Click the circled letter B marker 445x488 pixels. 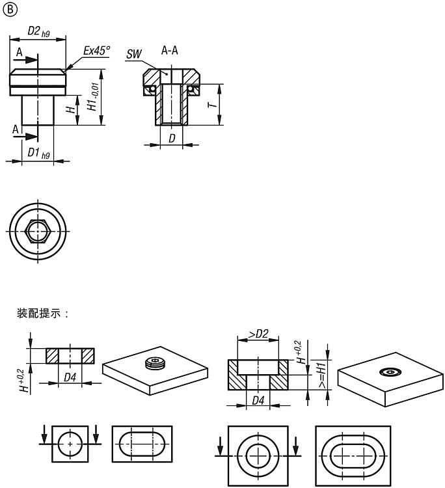coord(10,10)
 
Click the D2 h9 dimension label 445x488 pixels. coord(38,31)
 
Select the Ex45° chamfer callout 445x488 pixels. coord(96,50)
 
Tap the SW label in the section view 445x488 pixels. coord(134,54)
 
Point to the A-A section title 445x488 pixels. coord(170,50)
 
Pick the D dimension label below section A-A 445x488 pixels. coord(172,138)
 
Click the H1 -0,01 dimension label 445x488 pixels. coord(93,96)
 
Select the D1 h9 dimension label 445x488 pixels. coord(38,153)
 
